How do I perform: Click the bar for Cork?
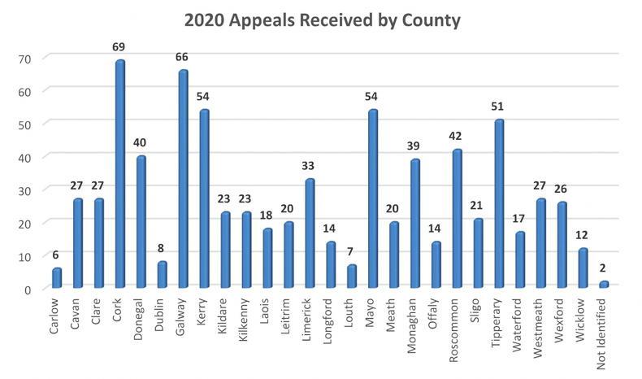click(119, 174)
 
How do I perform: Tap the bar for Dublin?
click(162, 275)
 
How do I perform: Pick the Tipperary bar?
click(498, 204)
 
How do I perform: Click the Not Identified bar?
click(604, 285)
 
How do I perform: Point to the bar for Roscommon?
click(456, 219)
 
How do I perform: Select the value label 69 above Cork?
click(119, 47)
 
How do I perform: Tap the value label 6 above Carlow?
click(56, 255)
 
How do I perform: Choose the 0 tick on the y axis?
click(28, 290)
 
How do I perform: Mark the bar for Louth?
click(351, 277)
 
